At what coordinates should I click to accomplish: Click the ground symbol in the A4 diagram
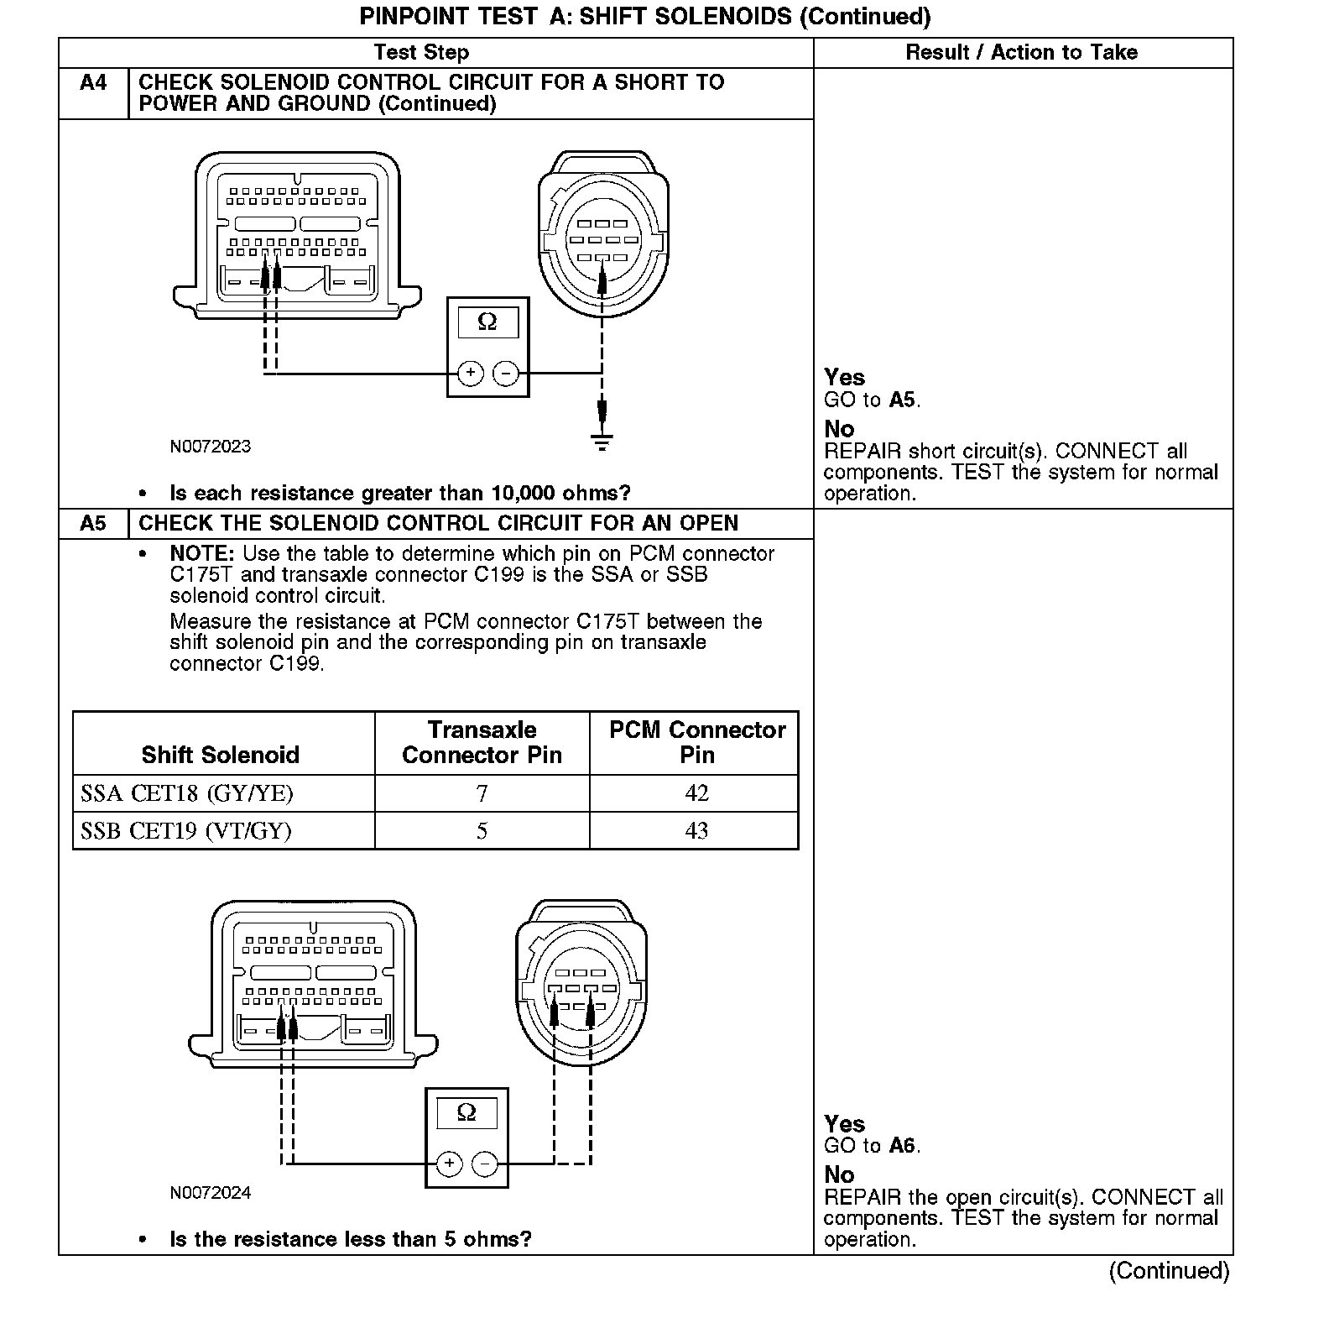coord(602,442)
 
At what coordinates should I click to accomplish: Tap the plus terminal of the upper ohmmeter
coord(471,373)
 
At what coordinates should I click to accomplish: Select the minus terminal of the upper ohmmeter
coord(505,373)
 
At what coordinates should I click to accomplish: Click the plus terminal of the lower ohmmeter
coord(450,1164)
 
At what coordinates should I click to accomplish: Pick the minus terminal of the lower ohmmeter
coord(485,1164)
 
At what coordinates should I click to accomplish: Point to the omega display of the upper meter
coord(487,322)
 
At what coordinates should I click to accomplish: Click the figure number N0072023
coord(210,447)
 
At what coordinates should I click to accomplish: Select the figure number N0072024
coord(210,1193)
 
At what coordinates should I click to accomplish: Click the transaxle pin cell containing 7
coord(482,793)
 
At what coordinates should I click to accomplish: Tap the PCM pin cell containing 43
coord(696,831)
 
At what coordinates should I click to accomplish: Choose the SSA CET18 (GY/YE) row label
coord(187,793)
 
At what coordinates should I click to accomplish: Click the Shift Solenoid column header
coord(220,754)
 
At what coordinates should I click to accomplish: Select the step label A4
coord(93,82)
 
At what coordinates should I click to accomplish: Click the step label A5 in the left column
coord(93,523)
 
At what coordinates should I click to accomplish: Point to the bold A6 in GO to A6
coord(901,1146)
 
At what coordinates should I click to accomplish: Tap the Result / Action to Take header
coord(1021,52)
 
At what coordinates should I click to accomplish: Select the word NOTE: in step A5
coord(201,554)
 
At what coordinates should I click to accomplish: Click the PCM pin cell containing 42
coord(696,793)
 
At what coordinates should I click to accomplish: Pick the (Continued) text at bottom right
coord(1169,1271)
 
